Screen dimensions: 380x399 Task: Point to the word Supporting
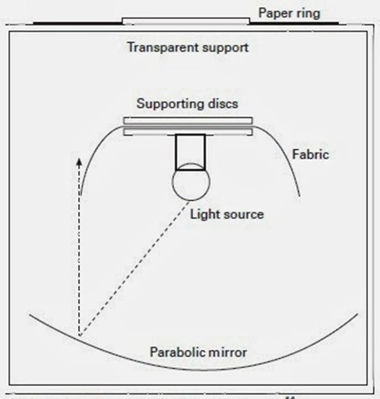[x=170, y=104]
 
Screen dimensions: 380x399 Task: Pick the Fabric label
[x=310, y=155]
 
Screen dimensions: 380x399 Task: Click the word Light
[x=205, y=215]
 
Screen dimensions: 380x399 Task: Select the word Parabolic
[x=174, y=352]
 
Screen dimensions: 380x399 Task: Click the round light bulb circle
[x=191, y=182]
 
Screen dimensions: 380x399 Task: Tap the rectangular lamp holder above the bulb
[x=190, y=152]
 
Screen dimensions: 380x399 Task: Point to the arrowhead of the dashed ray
[x=79, y=162]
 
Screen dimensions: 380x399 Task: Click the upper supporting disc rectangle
[x=188, y=121]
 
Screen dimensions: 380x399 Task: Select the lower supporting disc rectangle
[x=188, y=132]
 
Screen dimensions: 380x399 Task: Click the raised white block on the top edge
[x=186, y=21]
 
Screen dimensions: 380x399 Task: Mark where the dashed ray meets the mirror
[x=80, y=336]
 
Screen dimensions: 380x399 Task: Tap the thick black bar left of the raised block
[x=78, y=24]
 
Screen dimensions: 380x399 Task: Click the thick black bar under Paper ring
[x=294, y=24]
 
